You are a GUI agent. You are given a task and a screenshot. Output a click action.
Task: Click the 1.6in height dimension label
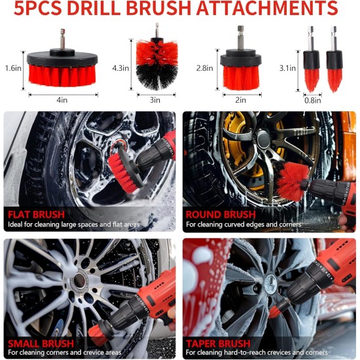12,68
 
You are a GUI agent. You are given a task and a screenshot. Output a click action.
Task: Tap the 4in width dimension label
62,100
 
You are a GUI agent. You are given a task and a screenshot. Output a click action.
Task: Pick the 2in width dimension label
241,100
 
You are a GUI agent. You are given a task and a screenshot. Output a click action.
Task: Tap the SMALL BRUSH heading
41,343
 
